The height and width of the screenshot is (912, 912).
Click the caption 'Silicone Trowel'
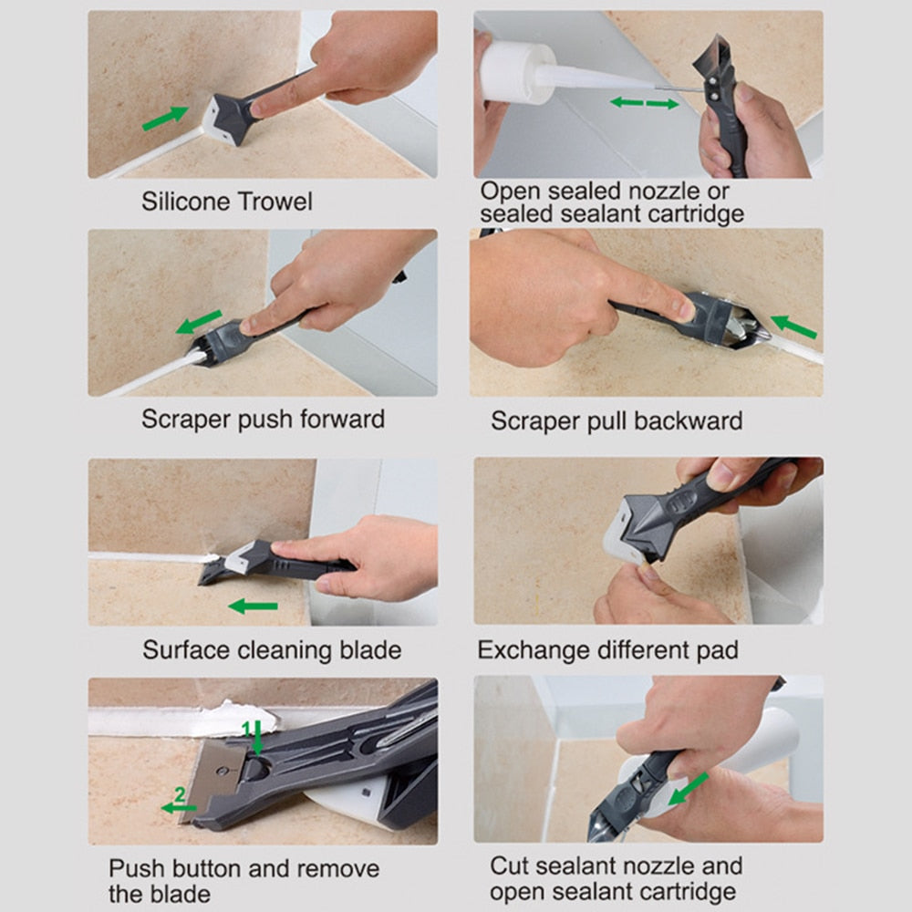226,201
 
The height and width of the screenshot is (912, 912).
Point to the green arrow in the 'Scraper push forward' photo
200,322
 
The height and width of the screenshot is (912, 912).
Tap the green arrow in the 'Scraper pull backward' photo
793,326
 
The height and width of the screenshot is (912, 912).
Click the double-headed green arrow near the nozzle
644,103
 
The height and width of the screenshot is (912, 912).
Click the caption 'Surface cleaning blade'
271,650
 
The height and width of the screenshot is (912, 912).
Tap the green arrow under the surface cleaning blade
253,606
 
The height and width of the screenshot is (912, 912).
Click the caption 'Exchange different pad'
607,650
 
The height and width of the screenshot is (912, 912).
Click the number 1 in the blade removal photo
246,727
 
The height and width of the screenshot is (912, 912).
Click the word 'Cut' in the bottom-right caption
509,865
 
